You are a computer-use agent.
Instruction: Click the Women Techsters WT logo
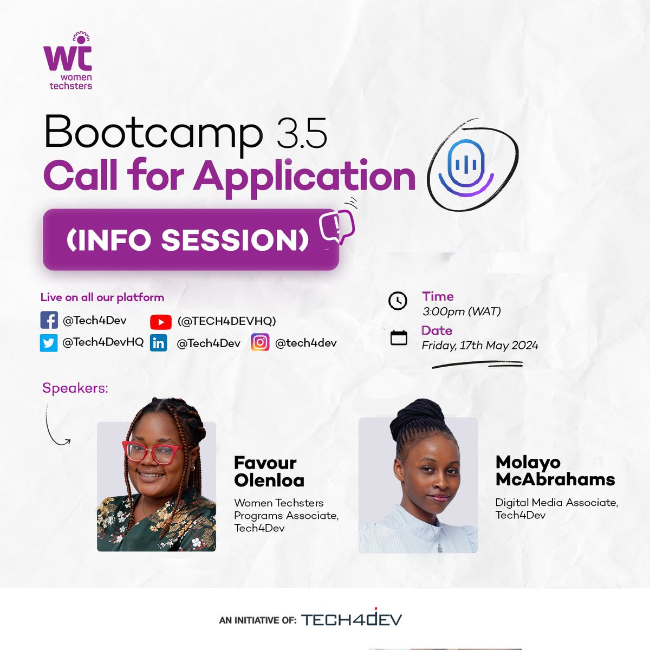coord(68,61)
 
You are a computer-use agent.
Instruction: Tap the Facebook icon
coord(49,320)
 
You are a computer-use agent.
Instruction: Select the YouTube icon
coord(160,322)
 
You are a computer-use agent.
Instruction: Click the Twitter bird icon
coord(49,343)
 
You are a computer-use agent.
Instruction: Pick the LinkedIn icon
coord(159,343)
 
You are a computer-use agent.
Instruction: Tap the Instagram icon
coord(260,343)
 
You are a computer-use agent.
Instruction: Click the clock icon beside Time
coord(398,301)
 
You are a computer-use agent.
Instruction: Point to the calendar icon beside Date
coord(399,337)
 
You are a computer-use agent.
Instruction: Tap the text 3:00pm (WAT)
coord(461,311)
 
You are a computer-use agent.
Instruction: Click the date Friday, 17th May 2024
coord(480,346)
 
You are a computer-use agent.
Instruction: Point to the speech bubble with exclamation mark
coord(337,226)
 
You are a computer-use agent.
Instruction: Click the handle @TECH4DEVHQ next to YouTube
coord(226,321)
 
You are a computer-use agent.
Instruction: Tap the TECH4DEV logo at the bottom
coord(351,619)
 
